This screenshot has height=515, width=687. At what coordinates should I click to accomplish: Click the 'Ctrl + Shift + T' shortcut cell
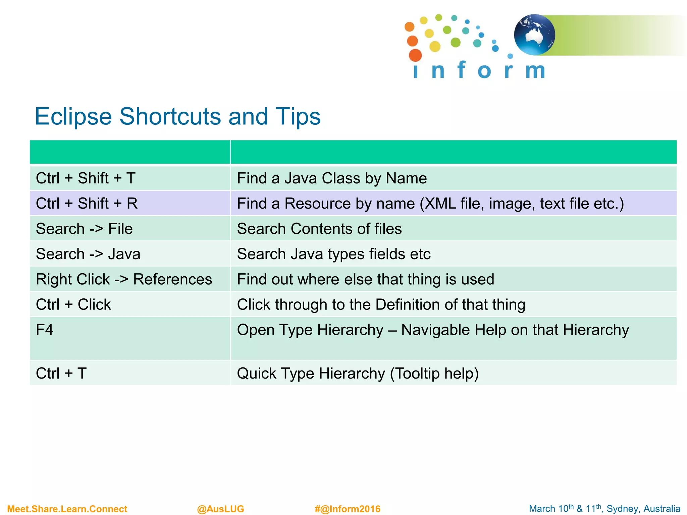86,178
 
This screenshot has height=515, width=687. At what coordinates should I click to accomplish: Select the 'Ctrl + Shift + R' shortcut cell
87,204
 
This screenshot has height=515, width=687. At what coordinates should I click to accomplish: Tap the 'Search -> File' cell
84,229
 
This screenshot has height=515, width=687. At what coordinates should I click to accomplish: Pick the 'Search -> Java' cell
88,254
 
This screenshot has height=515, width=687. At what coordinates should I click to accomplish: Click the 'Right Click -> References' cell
124,279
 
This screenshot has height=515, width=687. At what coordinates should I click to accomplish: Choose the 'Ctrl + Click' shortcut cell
73,305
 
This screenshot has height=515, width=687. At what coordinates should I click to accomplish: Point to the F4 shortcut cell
45,330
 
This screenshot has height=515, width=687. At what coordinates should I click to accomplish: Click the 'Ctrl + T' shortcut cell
61,374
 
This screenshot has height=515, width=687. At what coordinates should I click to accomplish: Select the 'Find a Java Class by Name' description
332,178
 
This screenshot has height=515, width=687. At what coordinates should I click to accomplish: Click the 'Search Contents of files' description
319,229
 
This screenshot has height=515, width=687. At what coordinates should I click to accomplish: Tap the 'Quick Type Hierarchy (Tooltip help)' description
358,374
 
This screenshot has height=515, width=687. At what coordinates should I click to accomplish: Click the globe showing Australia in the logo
534,35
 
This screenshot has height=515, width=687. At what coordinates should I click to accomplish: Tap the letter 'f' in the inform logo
461,70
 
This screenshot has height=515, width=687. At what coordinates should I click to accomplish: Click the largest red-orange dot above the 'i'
415,55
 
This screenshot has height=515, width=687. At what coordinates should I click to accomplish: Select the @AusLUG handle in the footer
220,509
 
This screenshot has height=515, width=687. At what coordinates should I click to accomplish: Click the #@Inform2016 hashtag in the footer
347,509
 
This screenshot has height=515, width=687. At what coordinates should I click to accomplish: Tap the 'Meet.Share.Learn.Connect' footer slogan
67,509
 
